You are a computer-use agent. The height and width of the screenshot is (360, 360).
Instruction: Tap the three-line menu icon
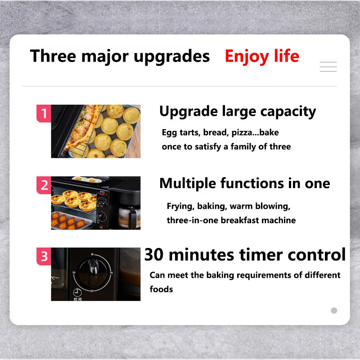tap(328, 67)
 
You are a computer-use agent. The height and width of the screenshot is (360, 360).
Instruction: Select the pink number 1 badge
tap(44, 113)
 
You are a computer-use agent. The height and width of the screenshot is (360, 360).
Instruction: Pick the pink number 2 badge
tap(44, 185)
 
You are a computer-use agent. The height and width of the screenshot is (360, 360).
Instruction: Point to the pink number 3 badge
tap(44, 256)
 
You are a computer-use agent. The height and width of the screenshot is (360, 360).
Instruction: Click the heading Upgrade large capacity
tap(238, 112)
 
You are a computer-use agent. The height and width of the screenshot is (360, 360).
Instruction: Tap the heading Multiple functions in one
tap(245, 184)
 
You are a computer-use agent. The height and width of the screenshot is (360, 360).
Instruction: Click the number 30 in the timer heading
tap(154, 255)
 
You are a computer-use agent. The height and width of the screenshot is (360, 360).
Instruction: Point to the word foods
tap(161, 289)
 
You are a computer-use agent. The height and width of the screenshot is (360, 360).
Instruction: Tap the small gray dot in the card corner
tap(334, 310)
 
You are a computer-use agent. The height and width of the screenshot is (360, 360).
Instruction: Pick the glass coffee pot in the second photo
tap(129, 217)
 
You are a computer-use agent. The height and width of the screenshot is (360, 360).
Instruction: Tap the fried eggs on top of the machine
tap(87, 179)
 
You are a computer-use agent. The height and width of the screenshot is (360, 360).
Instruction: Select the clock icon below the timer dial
tap(77, 292)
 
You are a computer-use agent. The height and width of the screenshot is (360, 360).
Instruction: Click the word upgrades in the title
tap(172, 57)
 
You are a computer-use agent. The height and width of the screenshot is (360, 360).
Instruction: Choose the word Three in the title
tap(53, 56)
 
